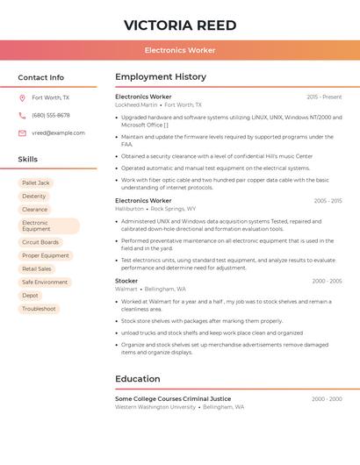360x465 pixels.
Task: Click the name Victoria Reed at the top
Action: (180, 24)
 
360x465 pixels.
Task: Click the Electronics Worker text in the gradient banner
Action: (180, 50)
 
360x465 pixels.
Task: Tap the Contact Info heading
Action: (41, 77)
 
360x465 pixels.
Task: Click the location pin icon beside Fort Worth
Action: (22, 98)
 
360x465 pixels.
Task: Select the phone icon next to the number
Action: (22, 116)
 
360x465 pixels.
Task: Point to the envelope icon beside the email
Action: (22, 133)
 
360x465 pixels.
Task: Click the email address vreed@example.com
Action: (58, 133)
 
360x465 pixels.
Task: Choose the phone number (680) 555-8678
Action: (51, 116)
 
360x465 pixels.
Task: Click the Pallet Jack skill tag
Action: (36, 182)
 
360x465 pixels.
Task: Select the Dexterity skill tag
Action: (34, 197)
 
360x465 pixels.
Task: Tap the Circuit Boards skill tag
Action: (40, 242)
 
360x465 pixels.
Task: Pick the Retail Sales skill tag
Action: (37, 268)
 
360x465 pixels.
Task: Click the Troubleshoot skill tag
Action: (39, 309)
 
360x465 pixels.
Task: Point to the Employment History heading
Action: (161, 77)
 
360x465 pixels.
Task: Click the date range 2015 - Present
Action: (324, 97)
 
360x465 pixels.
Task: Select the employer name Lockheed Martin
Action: (136, 105)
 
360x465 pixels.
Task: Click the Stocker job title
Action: (126, 281)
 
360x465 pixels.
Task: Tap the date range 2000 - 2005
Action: (327, 282)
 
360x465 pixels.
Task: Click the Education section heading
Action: (138, 379)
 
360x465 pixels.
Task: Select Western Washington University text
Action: (155, 407)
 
